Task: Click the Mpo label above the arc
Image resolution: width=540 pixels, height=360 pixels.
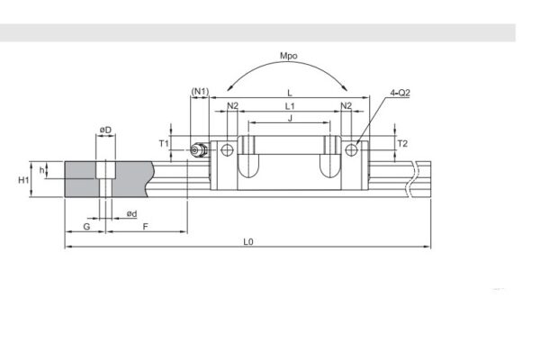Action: pyautogui.click(x=289, y=57)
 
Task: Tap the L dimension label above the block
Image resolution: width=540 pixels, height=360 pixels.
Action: pyautogui.click(x=289, y=93)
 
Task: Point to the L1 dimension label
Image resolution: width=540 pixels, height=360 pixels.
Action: pyautogui.click(x=290, y=106)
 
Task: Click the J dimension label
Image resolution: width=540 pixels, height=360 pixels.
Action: pyautogui.click(x=289, y=118)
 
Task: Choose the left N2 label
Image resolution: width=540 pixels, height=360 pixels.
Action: pyautogui.click(x=233, y=106)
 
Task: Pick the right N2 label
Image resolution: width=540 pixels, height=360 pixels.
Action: pyautogui.click(x=346, y=106)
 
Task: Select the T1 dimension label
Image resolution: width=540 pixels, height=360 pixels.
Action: pyautogui.click(x=163, y=143)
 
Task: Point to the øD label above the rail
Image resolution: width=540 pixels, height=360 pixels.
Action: pyautogui.click(x=105, y=130)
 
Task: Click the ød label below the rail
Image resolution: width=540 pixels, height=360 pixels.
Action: pyautogui.click(x=131, y=213)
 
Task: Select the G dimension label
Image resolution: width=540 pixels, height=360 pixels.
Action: pyautogui.click(x=85, y=228)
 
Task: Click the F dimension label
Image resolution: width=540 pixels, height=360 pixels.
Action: pyautogui.click(x=146, y=228)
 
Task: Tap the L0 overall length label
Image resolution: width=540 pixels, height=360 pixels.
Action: pyautogui.click(x=248, y=241)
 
